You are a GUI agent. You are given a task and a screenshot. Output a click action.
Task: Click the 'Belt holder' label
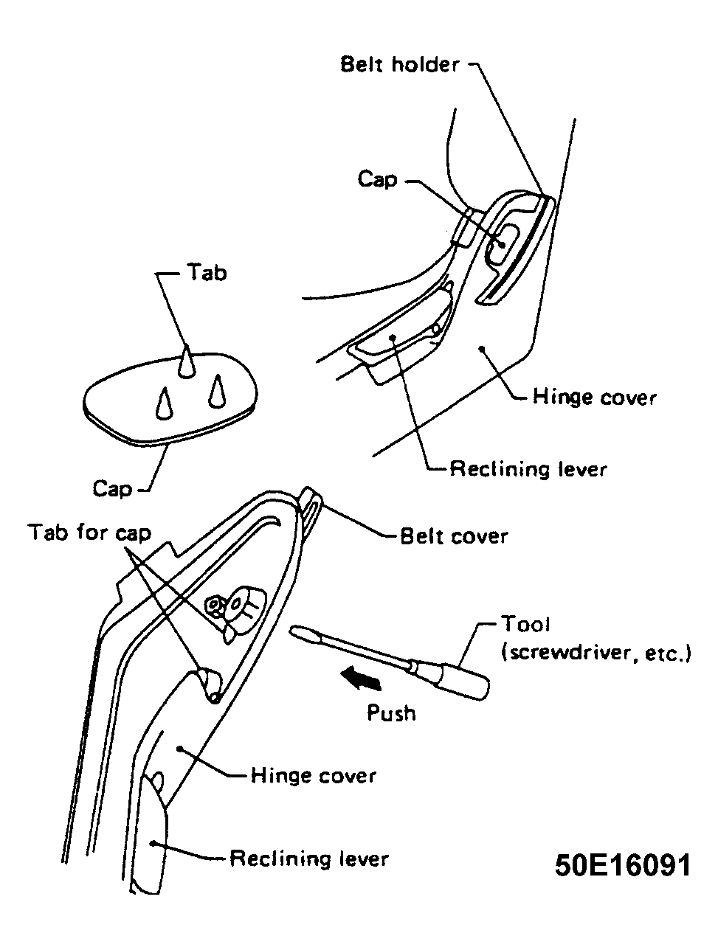pyautogui.click(x=398, y=65)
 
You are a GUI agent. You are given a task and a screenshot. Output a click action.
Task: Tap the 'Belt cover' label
pyautogui.click(x=453, y=537)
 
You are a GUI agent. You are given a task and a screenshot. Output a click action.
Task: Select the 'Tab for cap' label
pyautogui.click(x=89, y=533)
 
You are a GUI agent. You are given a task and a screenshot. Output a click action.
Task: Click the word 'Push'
pyautogui.click(x=390, y=712)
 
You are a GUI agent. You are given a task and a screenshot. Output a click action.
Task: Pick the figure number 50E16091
pyautogui.click(x=622, y=866)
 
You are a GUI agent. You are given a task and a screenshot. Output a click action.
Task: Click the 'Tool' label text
pyautogui.click(x=525, y=624)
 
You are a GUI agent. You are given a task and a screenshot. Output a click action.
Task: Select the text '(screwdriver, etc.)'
pyautogui.click(x=596, y=653)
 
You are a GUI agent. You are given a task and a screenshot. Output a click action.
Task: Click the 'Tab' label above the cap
pyautogui.click(x=207, y=273)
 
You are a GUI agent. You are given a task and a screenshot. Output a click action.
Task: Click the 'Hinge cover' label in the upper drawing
pyautogui.click(x=594, y=397)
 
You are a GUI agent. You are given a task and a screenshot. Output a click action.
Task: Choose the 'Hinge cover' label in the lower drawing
pyautogui.click(x=313, y=776)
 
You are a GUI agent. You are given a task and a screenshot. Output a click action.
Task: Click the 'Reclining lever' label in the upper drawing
pyautogui.click(x=528, y=469)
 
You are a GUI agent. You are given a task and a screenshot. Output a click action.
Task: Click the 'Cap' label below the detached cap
pyautogui.click(x=111, y=489)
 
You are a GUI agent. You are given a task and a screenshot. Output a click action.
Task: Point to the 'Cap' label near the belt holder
pyautogui.click(x=377, y=178)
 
